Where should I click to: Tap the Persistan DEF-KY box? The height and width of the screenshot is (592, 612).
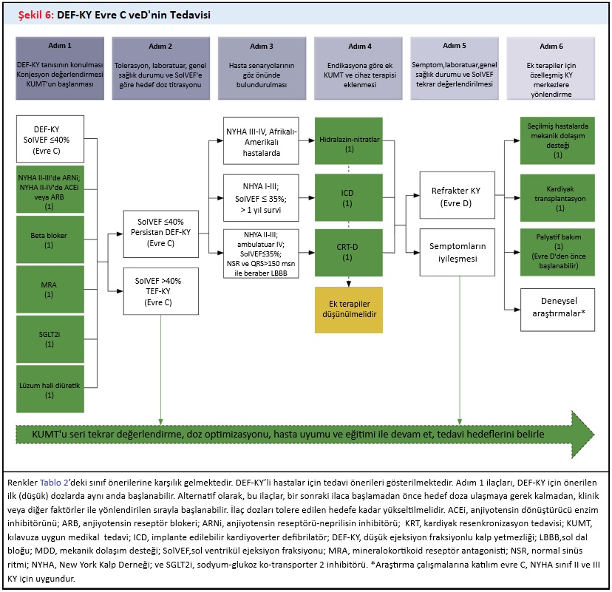click(x=156, y=231)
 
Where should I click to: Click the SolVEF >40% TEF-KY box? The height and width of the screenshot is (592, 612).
click(x=156, y=291)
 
